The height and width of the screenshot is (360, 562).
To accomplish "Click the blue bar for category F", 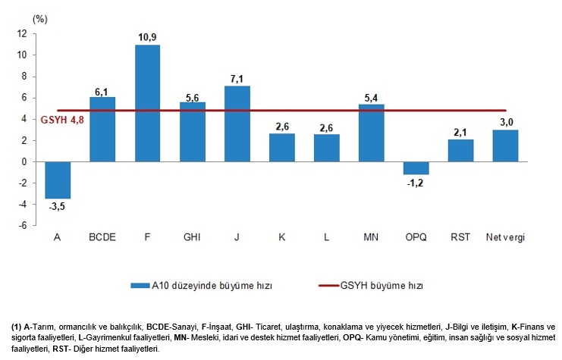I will [147, 103].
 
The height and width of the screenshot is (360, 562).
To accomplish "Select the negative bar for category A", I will [58, 180].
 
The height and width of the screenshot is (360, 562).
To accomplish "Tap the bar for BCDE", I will [102, 129].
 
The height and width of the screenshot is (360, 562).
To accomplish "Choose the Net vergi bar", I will [505, 146].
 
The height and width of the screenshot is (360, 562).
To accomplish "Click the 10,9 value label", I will [147, 37].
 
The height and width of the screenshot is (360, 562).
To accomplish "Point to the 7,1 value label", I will [237, 78].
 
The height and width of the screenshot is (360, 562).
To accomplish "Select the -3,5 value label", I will [58, 206].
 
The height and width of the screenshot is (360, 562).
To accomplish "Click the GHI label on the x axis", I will [192, 237].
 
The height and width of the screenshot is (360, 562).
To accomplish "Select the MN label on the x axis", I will [371, 237].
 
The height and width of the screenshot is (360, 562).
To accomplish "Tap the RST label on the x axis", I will [460, 237].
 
